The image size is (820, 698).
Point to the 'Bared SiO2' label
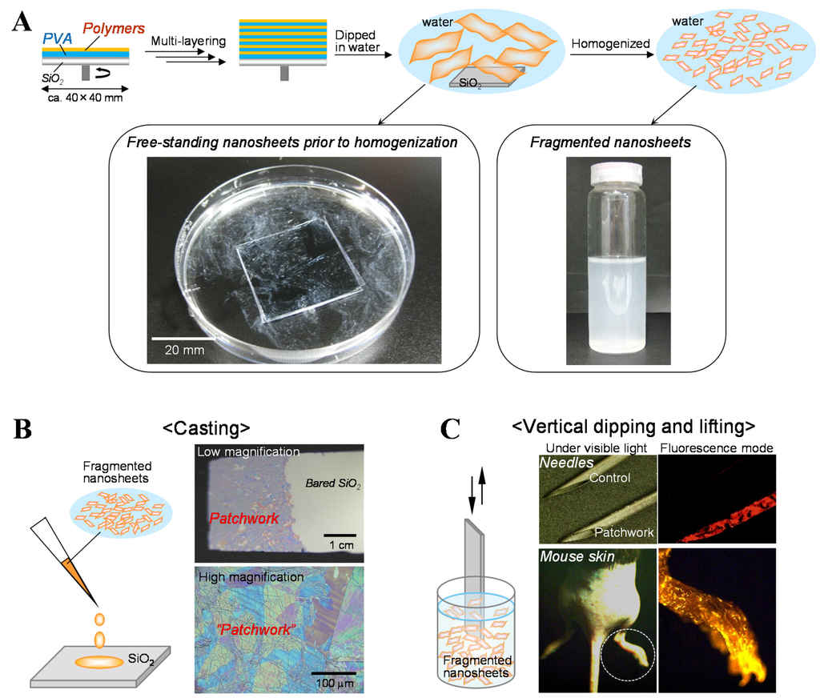[334, 484]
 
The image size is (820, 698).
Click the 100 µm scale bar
[332, 672]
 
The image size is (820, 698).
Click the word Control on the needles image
[611, 477]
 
